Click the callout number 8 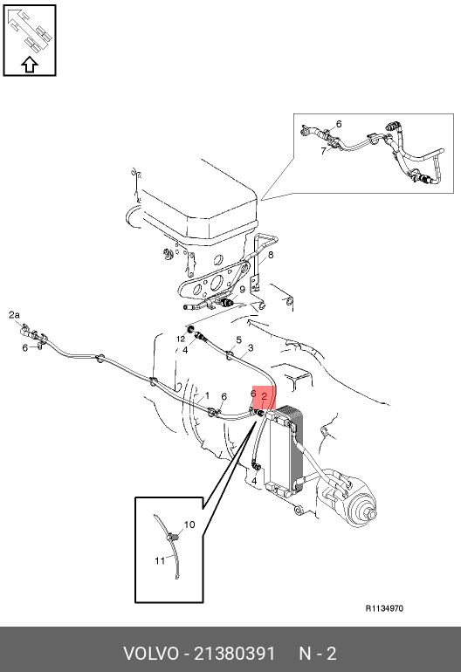coord(271,255)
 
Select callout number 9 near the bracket coord(243,290)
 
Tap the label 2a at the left coord(14,315)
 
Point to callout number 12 coord(181,339)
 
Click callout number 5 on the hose coord(239,340)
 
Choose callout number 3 coord(251,347)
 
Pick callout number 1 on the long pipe coord(207,395)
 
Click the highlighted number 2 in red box coord(265,396)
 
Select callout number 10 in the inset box coord(189,525)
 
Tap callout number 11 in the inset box coord(160,560)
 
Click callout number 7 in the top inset coord(323,151)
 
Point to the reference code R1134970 coord(384,608)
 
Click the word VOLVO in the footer coord(150,654)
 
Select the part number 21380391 coord(235,654)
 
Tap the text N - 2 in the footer coord(318,654)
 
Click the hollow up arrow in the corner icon coord(30,65)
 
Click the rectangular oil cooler coord(285,451)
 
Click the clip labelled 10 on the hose coord(173,537)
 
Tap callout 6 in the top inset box coord(339,124)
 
